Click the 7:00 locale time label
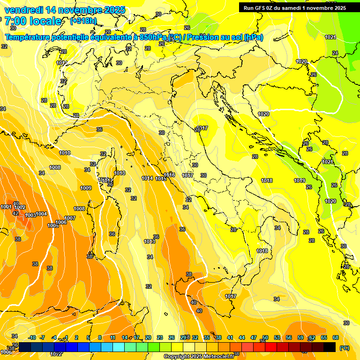33,21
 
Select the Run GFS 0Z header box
294,7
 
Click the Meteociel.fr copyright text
198,357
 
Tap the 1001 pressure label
6,207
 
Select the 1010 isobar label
65,153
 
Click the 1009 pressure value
86,188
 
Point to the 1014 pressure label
147,178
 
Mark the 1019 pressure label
300,180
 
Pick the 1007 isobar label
70,218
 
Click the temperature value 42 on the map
15,213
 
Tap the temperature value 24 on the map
335,53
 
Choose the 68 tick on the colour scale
336,337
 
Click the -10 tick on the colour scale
32,337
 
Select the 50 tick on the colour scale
265,337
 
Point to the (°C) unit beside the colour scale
345,348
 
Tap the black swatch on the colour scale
330,347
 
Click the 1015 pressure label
161,179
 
